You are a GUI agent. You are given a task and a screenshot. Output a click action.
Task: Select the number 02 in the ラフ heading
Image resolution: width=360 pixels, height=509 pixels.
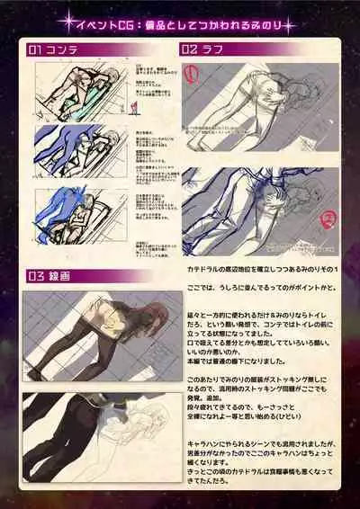pyautogui.click(x=191, y=49)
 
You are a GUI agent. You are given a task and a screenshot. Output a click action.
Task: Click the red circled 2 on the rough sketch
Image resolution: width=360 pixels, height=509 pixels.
pyautogui.click(x=328, y=216)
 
